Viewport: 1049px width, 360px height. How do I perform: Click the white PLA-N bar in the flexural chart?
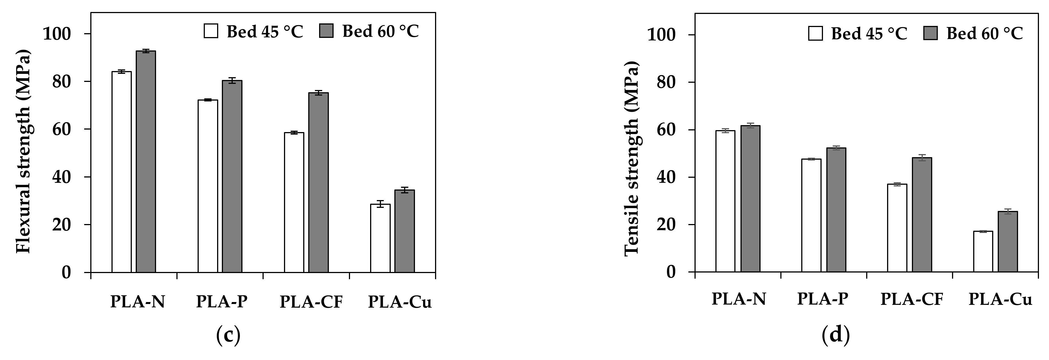(x=121, y=171)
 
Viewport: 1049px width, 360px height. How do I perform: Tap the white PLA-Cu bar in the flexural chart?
(x=380, y=238)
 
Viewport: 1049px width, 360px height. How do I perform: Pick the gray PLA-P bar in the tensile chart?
(x=836, y=210)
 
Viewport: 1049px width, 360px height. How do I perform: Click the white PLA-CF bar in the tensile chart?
(x=897, y=228)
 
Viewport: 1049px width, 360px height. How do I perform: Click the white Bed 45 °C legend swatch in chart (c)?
(x=211, y=31)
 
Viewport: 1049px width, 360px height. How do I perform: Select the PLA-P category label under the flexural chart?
(x=222, y=302)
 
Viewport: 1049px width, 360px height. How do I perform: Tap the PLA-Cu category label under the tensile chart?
(x=1000, y=299)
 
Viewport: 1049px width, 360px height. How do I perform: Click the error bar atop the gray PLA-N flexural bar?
(x=146, y=51)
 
